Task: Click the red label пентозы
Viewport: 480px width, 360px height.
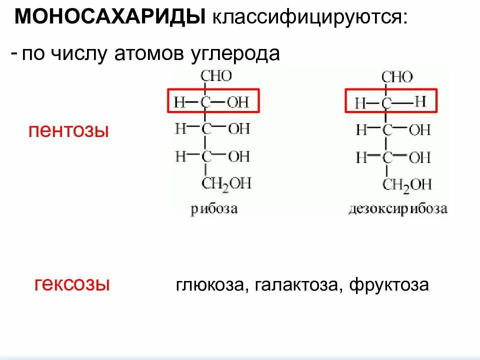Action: point(68,132)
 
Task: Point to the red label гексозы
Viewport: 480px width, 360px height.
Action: point(72,284)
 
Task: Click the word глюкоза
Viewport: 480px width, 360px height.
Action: point(209,285)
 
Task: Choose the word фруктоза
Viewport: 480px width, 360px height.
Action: point(389,285)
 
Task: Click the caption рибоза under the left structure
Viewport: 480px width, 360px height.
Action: point(214,209)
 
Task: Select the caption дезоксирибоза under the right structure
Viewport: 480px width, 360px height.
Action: point(398,208)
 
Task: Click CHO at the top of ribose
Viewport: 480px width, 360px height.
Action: point(216,76)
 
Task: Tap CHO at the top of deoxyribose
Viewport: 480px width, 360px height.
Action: point(397,77)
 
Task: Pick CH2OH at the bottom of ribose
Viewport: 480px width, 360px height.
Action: point(226,183)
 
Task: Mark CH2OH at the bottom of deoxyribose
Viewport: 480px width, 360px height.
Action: point(407,184)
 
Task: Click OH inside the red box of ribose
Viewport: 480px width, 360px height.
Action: point(238,103)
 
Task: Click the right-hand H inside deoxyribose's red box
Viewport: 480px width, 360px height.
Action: point(420,102)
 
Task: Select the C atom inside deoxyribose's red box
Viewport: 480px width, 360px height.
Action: point(386,104)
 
